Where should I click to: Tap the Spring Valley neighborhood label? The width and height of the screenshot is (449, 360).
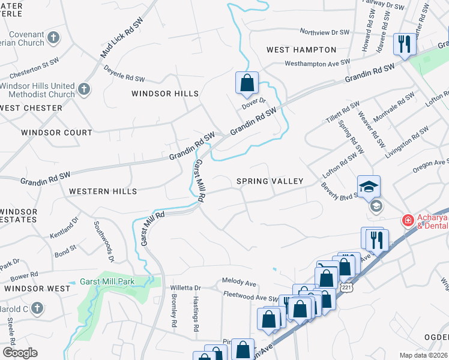tap(270, 181)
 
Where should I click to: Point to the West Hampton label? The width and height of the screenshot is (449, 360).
tap(301, 50)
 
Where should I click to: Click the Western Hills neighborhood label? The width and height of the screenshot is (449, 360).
tap(103, 191)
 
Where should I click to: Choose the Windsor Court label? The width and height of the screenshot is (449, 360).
tap(56, 133)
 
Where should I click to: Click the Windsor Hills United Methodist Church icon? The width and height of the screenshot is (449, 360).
tap(83, 90)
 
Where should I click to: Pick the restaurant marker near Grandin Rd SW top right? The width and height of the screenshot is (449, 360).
tap(404, 44)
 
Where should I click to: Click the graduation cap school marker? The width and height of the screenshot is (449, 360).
tap(369, 185)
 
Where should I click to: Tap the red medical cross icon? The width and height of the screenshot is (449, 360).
tap(408, 221)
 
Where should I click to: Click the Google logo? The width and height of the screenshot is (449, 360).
tap(20, 352)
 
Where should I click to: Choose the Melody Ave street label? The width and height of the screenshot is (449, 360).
tap(239, 282)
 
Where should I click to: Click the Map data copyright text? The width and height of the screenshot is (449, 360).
tap(423, 355)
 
